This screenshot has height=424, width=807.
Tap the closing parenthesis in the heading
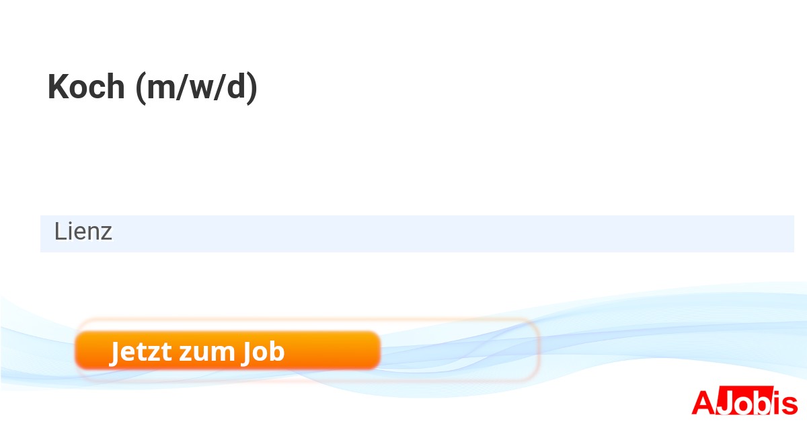click(252, 87)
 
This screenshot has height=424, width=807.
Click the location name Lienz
click(83, 232)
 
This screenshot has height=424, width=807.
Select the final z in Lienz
click(107, 234)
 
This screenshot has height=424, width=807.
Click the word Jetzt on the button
click(140, 351)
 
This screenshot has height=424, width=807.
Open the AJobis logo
click(744, 402)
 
